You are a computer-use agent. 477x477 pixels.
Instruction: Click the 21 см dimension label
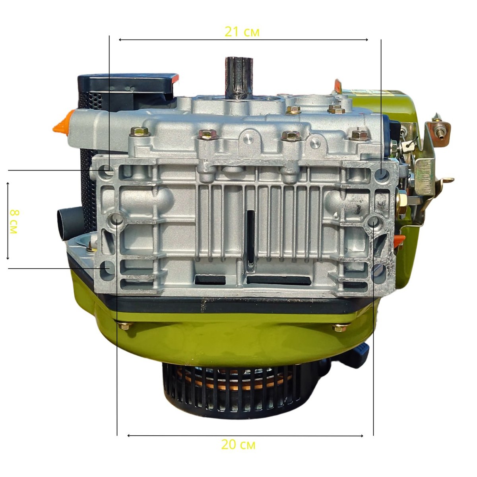[x=242, y=32]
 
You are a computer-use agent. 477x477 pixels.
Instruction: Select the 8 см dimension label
[x=14, y=222]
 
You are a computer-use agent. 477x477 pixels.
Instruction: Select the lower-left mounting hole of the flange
[x=106, y=268]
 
